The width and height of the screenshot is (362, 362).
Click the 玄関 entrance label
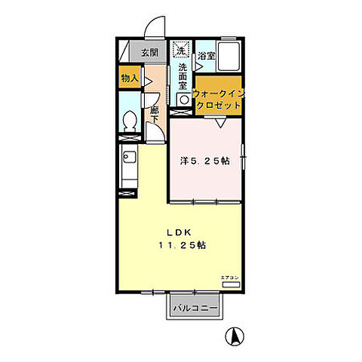click(149, 53)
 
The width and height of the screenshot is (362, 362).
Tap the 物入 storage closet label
click(129, 77)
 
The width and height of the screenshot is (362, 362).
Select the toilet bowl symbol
click(129, 121)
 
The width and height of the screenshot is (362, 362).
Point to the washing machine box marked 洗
click(181, 51)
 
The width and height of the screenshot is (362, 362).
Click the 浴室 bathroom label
click(207, 56)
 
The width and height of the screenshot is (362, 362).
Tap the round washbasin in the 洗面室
click(183, 100)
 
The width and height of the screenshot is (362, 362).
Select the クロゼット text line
click(219, 106)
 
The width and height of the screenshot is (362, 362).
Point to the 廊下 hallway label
click(155, 114)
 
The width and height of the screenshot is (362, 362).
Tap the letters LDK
click(179, 232)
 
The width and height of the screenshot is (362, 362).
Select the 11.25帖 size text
click(183, 246)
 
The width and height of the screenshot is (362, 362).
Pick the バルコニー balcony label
click(195, 308)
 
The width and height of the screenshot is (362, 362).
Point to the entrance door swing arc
click(154, 27)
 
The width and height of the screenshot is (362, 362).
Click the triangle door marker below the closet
click(217, 124)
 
